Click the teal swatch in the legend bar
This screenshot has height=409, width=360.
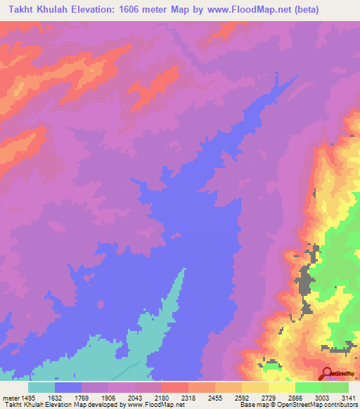41,387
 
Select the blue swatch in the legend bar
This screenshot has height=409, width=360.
68,387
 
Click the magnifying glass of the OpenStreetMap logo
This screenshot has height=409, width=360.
327,373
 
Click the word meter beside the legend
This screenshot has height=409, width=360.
8,398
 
